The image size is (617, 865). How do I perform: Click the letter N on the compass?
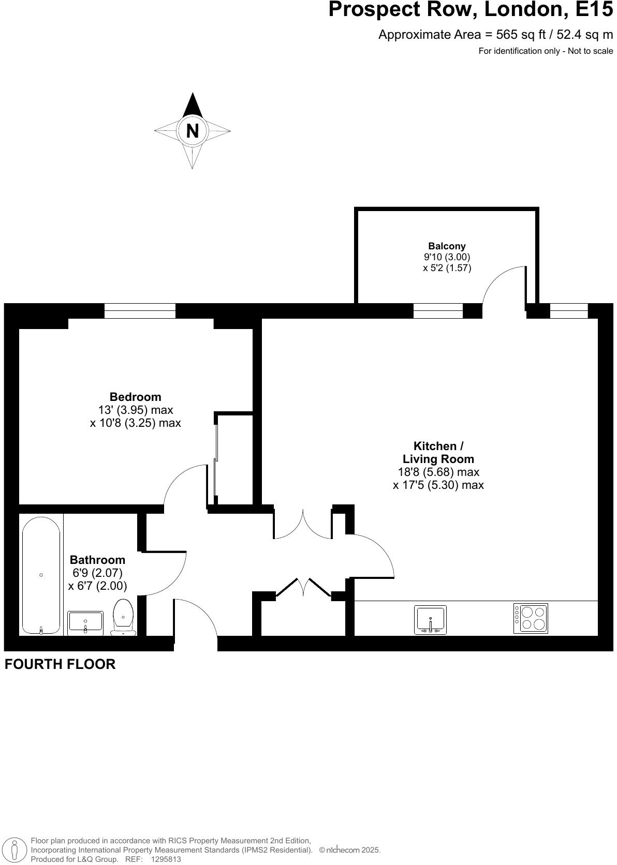click(x=192, y=131)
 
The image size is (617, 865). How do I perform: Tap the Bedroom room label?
click(x=135, y=397)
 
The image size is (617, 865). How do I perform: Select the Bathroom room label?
click(x=97, y=560)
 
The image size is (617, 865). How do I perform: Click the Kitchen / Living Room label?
click(x=438, y=453)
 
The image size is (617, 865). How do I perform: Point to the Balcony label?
click(x=447, y=246)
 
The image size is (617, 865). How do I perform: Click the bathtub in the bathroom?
click(x=41, y=575)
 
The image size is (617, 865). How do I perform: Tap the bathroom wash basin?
click(x=85, y=623)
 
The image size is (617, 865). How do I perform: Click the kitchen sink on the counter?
click(x=430, y=620)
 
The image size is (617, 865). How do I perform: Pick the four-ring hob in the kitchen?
click(x=531, y=618)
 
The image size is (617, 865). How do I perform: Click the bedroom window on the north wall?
click(x=140, y=311)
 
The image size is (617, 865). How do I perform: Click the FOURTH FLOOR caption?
click(x=60, y=664)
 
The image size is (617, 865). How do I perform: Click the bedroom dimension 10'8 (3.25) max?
click(x=135, y=423)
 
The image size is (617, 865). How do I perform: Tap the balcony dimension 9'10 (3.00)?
click(x=447, y=257)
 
